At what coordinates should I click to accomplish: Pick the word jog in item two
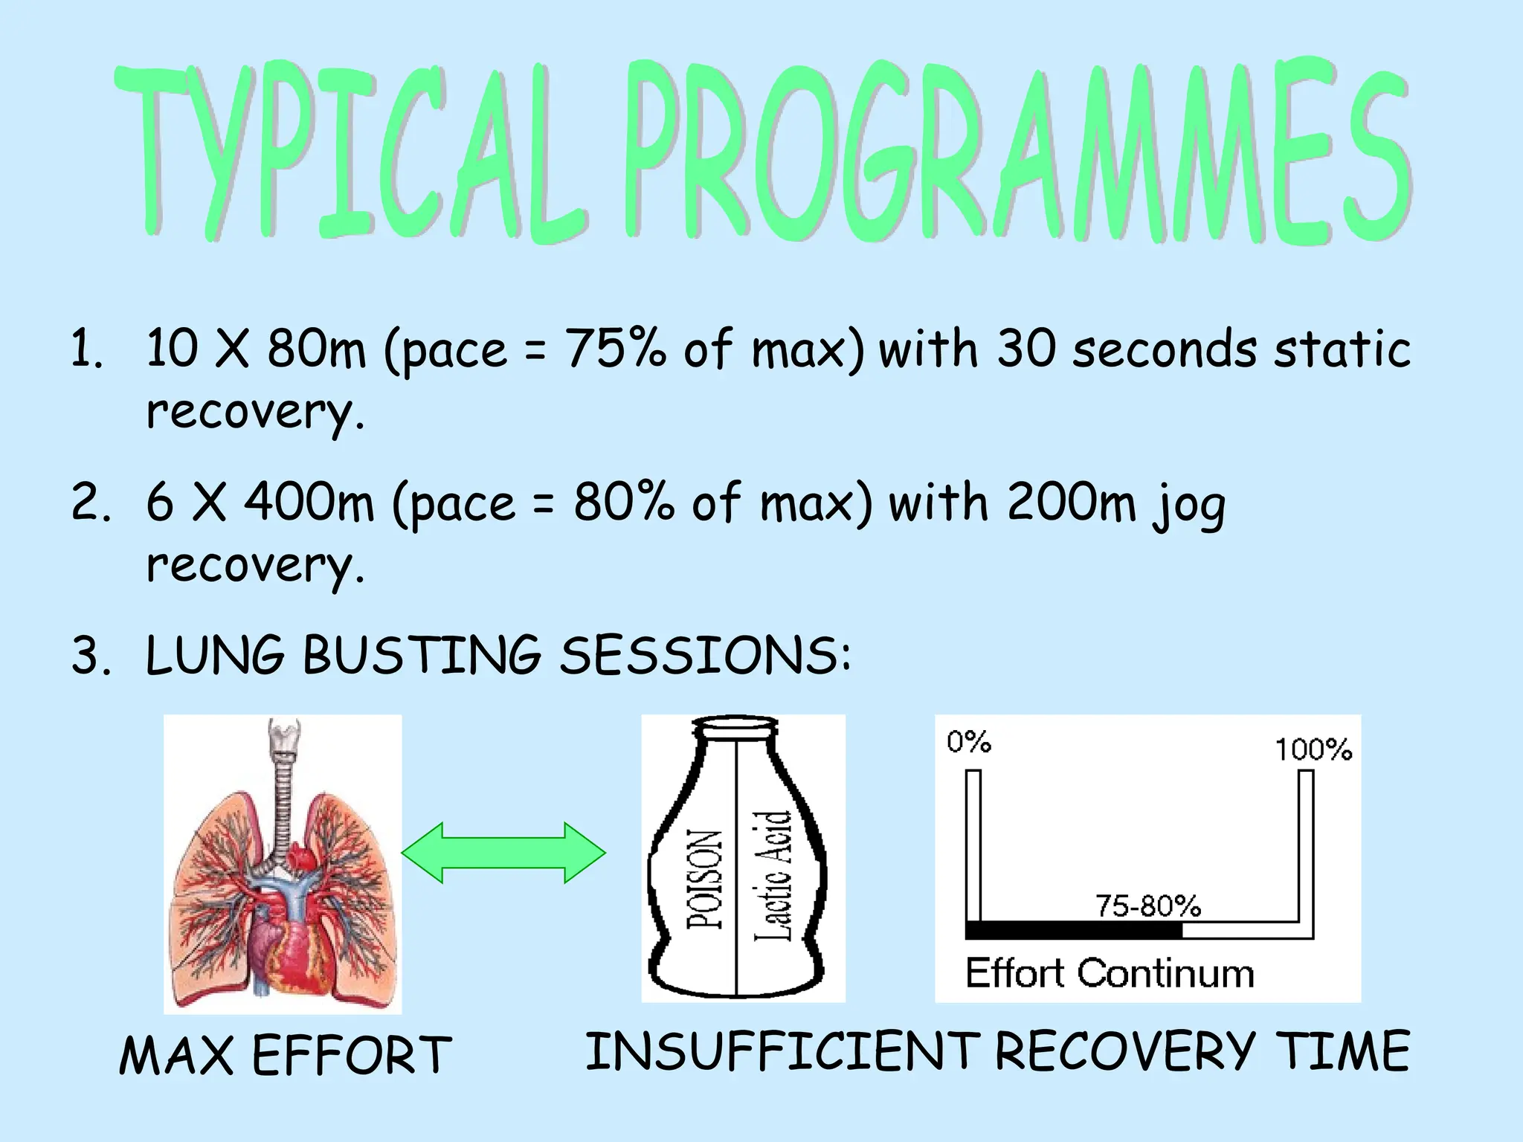[x=1188, y=506]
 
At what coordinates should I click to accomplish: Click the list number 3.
[x=89, y=656]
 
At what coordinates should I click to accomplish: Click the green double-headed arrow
[x=503, y=852]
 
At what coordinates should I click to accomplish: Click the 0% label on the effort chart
[x=968, y=741]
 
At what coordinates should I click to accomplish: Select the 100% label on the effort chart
[x=1313, y=749]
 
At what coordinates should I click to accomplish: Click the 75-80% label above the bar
[x=1148, y=906]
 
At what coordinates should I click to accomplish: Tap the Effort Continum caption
[x=1109, y=973]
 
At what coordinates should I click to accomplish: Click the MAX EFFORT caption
[x=285, y=1055]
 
